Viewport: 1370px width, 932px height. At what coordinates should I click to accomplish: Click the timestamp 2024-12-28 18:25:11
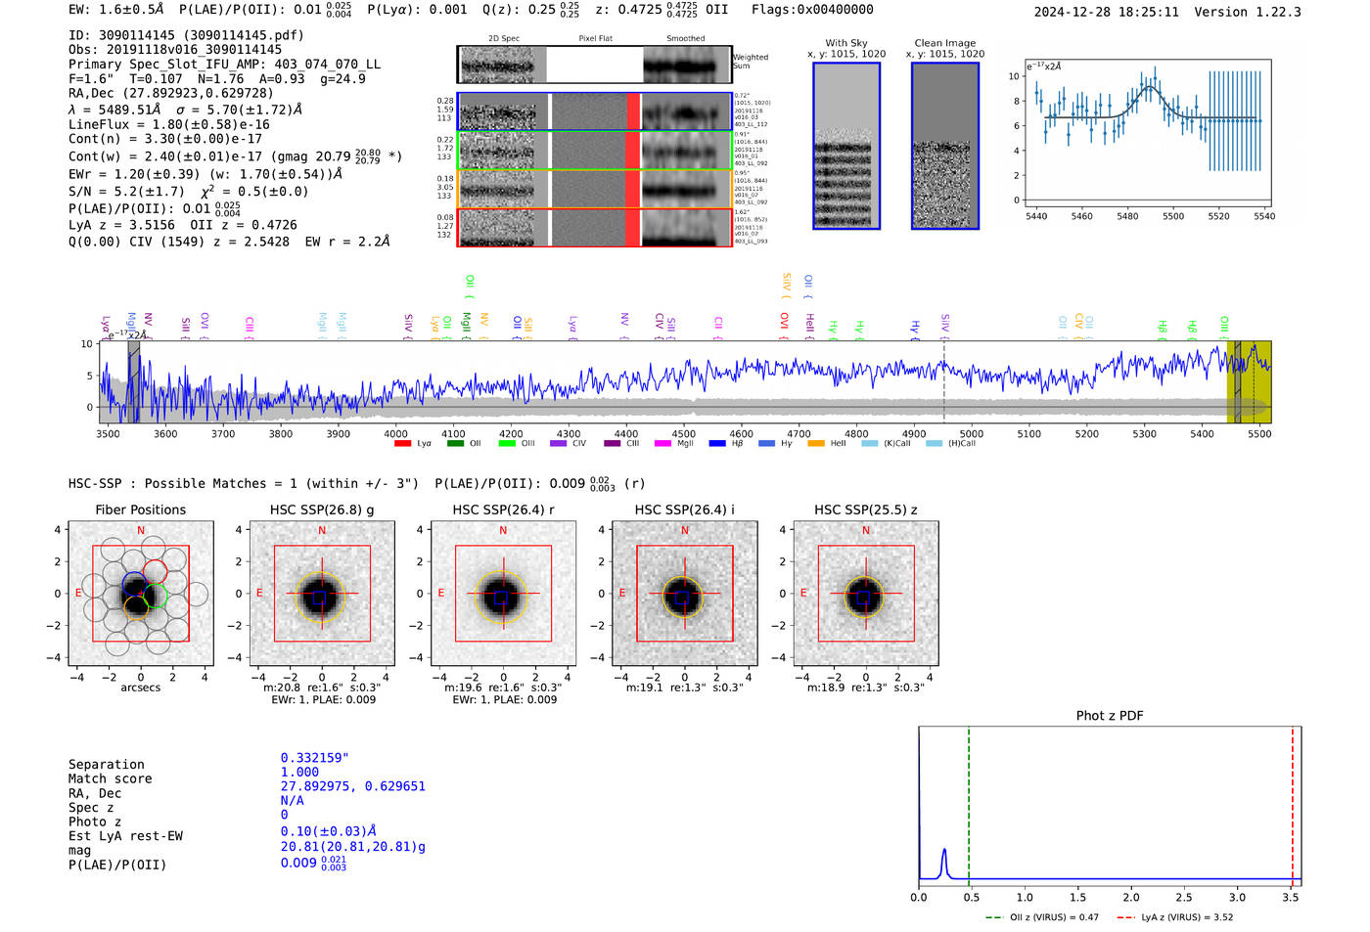click(x=1106, y=12)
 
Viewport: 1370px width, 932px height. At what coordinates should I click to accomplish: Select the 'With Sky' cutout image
click(x=846, y=147)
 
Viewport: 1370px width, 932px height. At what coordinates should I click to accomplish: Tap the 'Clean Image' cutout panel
click(x=945, y=147)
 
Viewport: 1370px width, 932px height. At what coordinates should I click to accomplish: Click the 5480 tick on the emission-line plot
click(x=1127, y=216)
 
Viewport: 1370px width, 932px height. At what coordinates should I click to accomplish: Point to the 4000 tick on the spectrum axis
click(x=395, y=433)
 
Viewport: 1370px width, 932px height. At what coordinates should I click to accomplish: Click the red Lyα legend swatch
click(x=402, y=443)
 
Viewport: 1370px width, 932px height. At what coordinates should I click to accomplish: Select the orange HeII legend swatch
click(x=815, y=443)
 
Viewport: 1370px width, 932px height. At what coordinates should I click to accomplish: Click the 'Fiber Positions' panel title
click(x=140, y=510)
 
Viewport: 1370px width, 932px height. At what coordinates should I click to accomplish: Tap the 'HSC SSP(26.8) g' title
click(x=322, y=510)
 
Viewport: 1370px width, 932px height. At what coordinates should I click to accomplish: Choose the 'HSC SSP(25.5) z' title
click(x=866, y=510)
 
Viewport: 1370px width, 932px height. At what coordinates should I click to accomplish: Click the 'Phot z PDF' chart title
click(x=1110, y=716)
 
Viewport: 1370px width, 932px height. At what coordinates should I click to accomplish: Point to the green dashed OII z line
click(x=968, y=802)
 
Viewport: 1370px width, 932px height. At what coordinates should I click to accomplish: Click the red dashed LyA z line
click(x=1292, y=802)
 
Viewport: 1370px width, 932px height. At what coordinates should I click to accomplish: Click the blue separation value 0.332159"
click(x=314, y=758)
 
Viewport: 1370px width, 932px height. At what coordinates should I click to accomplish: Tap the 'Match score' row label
click(x=110, y=778)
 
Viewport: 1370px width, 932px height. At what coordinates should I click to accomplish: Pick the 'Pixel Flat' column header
click(x=595, y=38)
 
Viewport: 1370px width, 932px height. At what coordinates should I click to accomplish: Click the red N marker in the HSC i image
click(x=684, y=530)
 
